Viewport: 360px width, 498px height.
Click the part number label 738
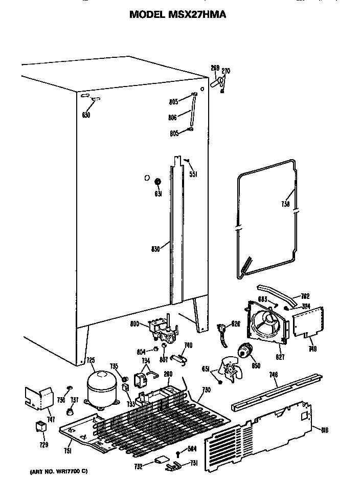pyautogui.click(x=285, y=204)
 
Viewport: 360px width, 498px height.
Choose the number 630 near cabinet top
pyautogui.click(x=86, y=115)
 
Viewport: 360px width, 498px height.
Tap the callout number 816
pyautogui.click(x=324, y=430)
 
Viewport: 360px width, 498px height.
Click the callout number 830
pyautogui.click(x=156, y=249)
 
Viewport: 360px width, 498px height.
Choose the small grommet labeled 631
pyautogui.click(x=157, y=181)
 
